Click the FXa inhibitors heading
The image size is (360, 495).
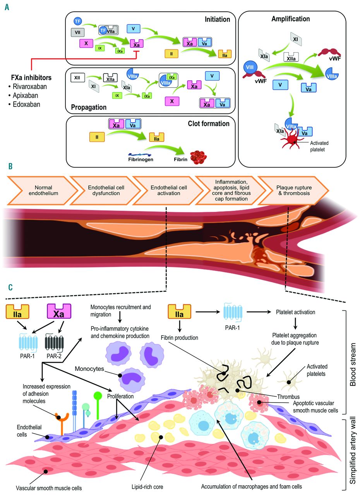pos(31,78)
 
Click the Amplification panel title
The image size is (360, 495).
pos(290,19)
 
